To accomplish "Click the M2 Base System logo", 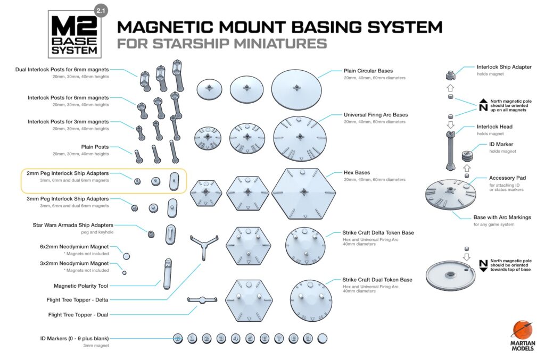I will pos(74,34).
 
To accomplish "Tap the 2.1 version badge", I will pos(100,10).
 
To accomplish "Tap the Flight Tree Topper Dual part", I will pos(201,300).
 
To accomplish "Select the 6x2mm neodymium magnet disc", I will pos(126,256).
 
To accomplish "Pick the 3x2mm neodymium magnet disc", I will pos(125,273).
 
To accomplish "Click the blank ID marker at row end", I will pos(322,338).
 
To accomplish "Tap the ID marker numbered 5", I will pos(250,338).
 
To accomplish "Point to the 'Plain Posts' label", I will pos(95,147).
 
